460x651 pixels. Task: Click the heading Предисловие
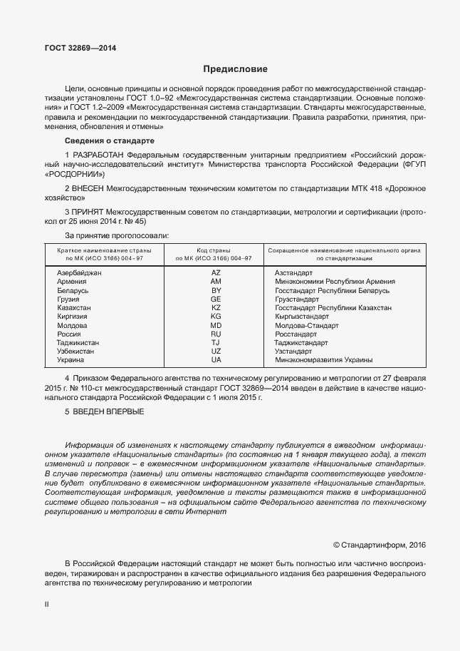pyautogui.click(x=235, y=69)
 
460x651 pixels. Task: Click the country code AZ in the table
pyautogui.click(x=216, y=273)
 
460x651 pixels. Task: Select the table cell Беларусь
pyautogui.click(x=73, y=291)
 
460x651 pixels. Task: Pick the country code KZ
pyautogui.click(x=216, y=308)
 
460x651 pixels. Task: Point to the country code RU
pyautogui.click(x=216, y=334)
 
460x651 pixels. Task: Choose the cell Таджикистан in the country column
pyautogui.click(x=78, y=342)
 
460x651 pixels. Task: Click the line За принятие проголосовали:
pyautogui.click(x=117, y=235)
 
